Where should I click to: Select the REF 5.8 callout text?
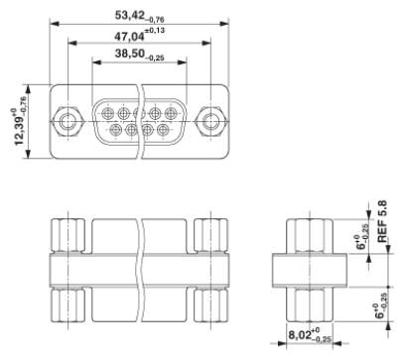tap(382, 221)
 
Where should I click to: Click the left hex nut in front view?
tap(67, 122)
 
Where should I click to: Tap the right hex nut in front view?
tap(210, 122)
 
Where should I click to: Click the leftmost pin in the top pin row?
tap(107, 114)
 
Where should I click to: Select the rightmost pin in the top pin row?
tap(171, 114)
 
